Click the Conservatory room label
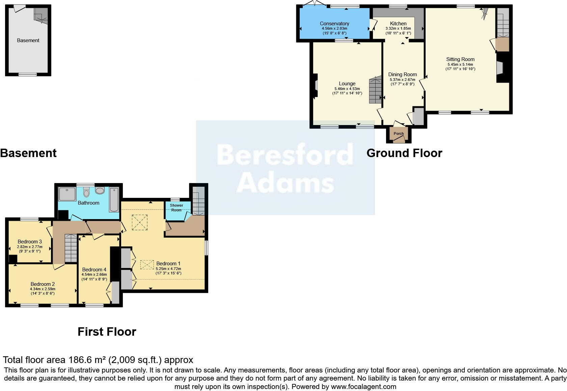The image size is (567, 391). click(334, 24)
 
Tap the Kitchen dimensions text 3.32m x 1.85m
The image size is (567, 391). click(398, 29)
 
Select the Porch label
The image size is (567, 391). click(399, 133)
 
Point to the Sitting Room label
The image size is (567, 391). click(460, 59)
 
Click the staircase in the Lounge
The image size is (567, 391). click(375, 90)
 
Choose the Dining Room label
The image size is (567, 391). click(402, 74)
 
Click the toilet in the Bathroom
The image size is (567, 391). click(86, 192)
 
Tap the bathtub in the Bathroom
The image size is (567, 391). click(114, 199)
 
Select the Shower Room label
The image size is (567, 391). click(176, 208)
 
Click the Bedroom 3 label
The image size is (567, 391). click(30, 242)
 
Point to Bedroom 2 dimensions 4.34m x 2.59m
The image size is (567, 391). click(43, 289)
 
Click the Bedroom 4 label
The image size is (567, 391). click(94, 270)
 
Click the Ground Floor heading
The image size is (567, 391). click(404, 153)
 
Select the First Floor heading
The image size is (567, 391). click(107, 332)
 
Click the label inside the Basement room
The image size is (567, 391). click(28, 40)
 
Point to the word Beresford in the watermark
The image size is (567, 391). click(285, 155)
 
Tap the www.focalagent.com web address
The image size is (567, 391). click(363, 387)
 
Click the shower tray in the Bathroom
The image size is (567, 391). click(67, 194)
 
